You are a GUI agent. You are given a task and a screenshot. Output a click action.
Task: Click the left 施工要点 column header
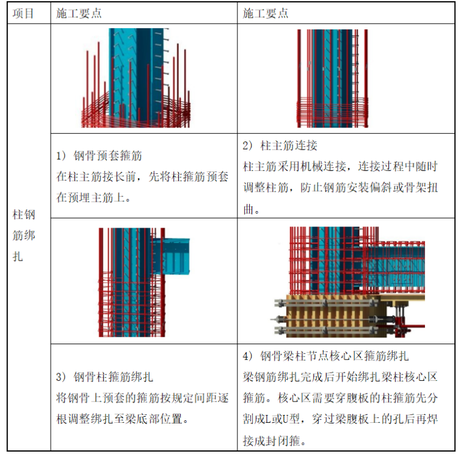coord(79,13)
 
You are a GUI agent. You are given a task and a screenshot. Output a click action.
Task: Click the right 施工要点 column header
coord(266,13)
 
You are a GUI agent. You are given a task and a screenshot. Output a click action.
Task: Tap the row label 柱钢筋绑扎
coord(24,236)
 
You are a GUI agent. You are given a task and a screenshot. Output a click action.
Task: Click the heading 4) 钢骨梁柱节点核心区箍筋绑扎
coord(326,356)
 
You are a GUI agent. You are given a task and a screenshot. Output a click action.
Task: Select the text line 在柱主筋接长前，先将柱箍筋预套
coord(142,177)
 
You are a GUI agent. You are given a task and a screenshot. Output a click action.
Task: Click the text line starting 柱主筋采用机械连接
coord(340,167)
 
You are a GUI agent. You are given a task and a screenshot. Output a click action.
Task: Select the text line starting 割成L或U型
coord(340,419)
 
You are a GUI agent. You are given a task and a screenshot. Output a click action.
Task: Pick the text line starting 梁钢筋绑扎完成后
coord(340,377)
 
